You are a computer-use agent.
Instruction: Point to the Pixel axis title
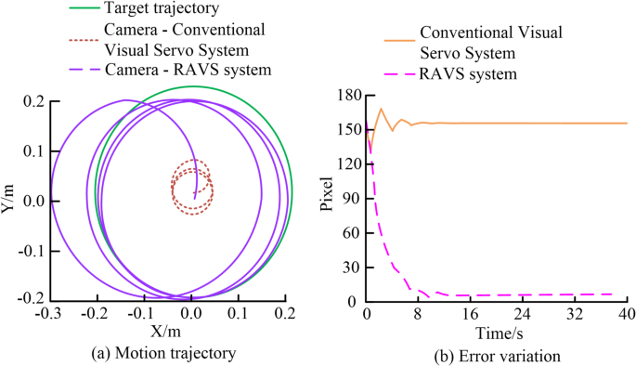[326, 197]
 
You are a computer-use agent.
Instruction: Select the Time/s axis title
[497, 332]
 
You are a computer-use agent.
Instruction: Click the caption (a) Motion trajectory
[167, 353]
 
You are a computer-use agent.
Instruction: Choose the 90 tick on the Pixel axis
[352, 199]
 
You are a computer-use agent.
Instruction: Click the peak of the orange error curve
[381, 109]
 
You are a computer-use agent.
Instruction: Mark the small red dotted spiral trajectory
[192, 190]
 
